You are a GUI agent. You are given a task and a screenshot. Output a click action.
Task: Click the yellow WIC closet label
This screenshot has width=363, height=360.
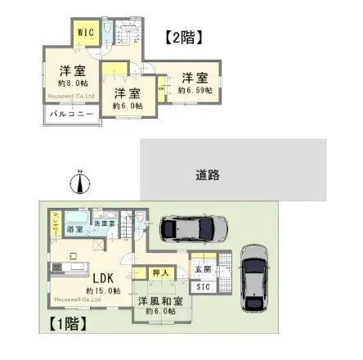86,32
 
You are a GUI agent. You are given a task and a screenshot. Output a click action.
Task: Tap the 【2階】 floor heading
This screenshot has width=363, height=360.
183,37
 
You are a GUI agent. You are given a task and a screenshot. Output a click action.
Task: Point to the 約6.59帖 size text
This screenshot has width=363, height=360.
195,90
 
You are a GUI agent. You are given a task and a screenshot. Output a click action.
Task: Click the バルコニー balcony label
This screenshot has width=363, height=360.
69,115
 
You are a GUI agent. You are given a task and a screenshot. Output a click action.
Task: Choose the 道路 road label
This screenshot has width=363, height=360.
208,174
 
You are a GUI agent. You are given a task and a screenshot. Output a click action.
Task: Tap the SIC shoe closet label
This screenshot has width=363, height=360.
201,287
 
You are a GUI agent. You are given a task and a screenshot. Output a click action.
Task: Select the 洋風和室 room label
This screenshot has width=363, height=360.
159,301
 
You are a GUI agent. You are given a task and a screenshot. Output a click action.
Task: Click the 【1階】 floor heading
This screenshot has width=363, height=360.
68,322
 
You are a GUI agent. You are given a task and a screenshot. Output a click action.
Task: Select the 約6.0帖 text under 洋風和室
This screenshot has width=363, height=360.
159,312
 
